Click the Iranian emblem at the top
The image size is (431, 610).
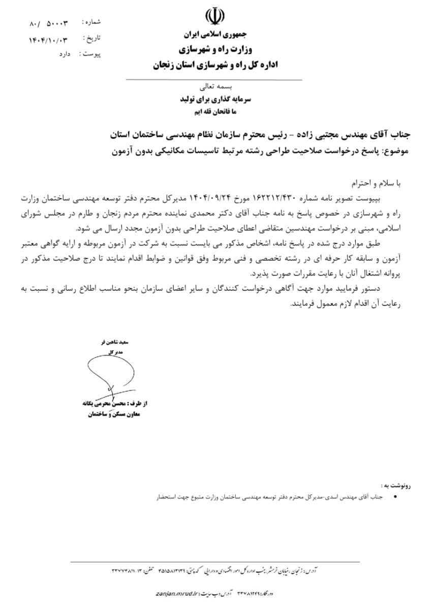214,18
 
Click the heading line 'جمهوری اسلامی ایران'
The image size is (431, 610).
214,36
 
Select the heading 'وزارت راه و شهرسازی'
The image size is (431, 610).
214,50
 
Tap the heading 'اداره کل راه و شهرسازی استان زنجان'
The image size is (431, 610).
214,65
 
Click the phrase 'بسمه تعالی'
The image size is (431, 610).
213,87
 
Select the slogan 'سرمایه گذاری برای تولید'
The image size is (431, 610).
213,100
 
